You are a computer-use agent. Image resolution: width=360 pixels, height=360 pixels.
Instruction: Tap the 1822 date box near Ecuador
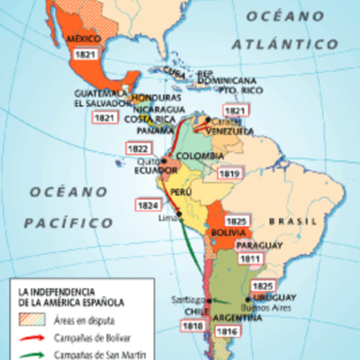pos(138,148)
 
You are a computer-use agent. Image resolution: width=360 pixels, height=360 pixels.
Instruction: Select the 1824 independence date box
pos(148,205)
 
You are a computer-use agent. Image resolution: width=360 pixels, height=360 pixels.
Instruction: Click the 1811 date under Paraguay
pos(250,259)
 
